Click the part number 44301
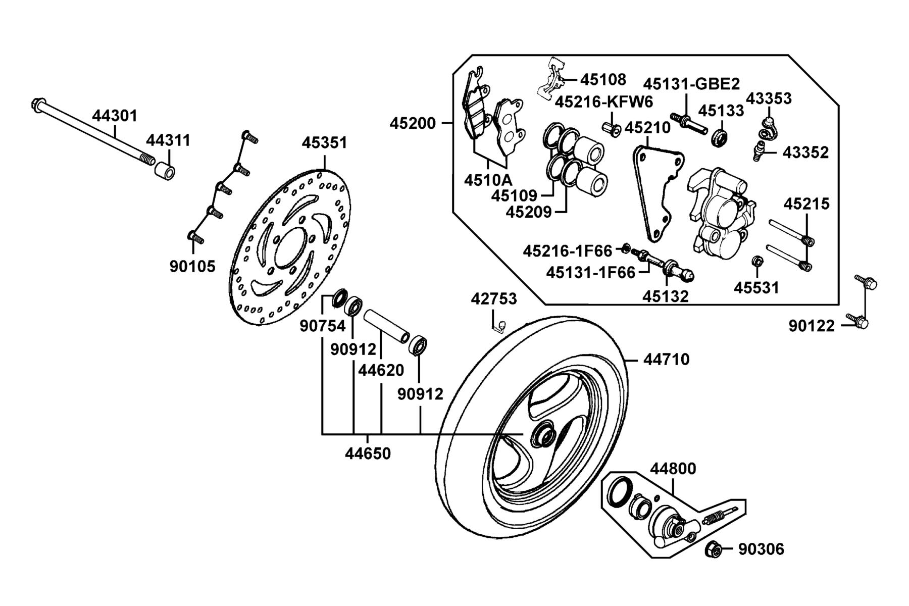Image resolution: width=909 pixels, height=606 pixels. [x=115, y=116]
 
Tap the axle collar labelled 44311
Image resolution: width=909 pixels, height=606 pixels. [x=165, y=170]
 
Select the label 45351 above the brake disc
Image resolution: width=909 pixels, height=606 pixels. [x=325, y=143]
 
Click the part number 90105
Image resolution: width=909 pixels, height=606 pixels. [x=192, y=266]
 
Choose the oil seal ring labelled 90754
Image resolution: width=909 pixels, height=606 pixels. [x=339, y=299]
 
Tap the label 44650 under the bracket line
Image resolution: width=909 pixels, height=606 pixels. [x=368, y=453]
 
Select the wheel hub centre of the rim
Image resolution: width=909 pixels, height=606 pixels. [x=543, y=435]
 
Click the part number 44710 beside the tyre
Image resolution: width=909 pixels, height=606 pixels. [x=667, y=360]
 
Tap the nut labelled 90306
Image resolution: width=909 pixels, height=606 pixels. [x=713, y=549]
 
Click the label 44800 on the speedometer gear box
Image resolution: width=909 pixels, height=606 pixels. [x=673, y=469]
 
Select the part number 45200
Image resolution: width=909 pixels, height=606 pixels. [x=412, y=123]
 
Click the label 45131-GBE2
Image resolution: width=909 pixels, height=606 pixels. [x=691, y=84]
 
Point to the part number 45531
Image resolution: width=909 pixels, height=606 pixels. [x=756, y=287]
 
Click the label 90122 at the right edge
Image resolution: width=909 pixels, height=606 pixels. [x=812, y=326]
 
